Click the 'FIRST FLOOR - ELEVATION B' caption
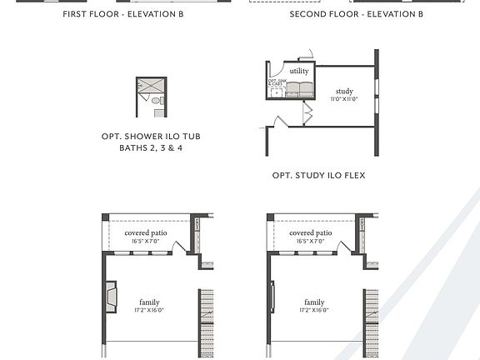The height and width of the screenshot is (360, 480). [x=123, y=15]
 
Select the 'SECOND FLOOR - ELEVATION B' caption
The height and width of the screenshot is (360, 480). [x=356, y=15]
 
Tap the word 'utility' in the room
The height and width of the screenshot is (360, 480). [x=299, y=72]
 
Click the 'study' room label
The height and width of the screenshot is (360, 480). [x=344, y=91]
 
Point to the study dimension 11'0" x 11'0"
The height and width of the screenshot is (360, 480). [x=344, y=99]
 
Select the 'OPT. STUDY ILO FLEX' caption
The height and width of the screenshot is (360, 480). [x=319, y=176]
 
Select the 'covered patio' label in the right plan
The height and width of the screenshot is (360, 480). [x=311, y=233]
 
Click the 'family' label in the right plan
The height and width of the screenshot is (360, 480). [x=314, y=302]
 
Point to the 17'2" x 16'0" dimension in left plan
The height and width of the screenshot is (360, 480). [x=149, y=310]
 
